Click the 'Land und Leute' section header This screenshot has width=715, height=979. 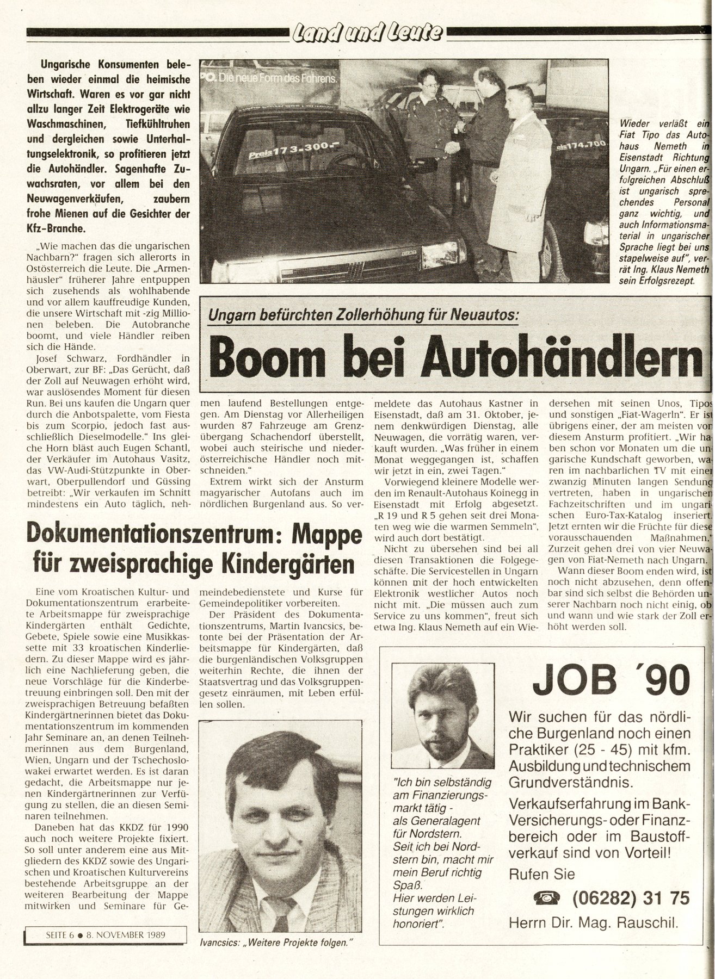coord(367,34)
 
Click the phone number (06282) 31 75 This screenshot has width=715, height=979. coord(631,897)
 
